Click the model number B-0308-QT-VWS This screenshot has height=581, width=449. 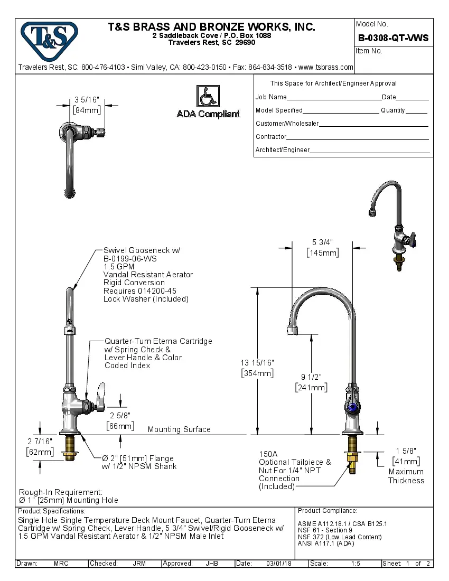[393, 38]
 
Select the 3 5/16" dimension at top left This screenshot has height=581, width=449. [87, 99]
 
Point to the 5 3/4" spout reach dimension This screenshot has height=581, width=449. [323, 242]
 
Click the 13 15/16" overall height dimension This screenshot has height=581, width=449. [257, 363]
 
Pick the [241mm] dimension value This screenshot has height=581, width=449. [311, 387]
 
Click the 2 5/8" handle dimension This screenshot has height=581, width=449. [119, 415]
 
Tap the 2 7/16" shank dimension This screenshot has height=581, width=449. [40, 441]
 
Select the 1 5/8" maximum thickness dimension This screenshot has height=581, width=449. [406, 451]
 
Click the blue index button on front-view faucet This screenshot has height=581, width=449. [353, 407]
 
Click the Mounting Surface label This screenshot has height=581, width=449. [179, 429]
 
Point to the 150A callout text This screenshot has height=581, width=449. [268, 454]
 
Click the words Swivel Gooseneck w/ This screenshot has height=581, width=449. [141, 251]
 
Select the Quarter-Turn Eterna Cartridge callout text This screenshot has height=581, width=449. [158, 341]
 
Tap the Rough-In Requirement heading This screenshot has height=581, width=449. [61, 492]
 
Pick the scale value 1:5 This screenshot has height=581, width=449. [356, 564]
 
